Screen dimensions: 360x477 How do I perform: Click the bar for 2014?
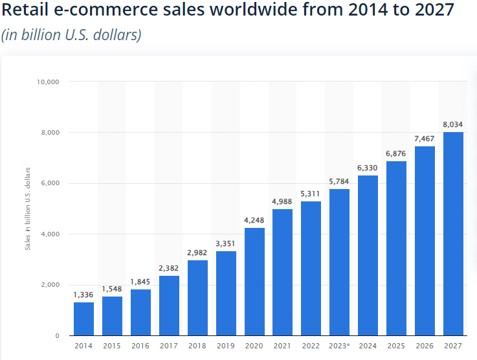tap(83, 319)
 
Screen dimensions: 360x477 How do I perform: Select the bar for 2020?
tap(254, 282)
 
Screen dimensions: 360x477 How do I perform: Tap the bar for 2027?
tap(453, 234)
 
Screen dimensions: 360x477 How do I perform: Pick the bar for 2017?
tap(169, 306)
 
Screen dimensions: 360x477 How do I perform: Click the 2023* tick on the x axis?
tap(340, 346)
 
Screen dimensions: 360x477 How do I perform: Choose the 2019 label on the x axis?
tap(226, 346)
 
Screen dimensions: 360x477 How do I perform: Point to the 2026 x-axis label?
tap(425, 346)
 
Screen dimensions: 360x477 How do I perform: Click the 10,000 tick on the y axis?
tap(49, 82)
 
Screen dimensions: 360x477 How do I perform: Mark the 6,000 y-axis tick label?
tap(50, 183)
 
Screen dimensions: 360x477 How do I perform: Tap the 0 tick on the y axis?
tap(57, 335)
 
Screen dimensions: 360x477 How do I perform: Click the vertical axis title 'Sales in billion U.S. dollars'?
tap(27, 208)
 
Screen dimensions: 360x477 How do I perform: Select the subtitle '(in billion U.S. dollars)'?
tap(71, 35)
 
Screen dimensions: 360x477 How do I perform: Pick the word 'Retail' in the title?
tap(27, 11)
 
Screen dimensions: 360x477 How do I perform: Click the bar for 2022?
tap(311, 268)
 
